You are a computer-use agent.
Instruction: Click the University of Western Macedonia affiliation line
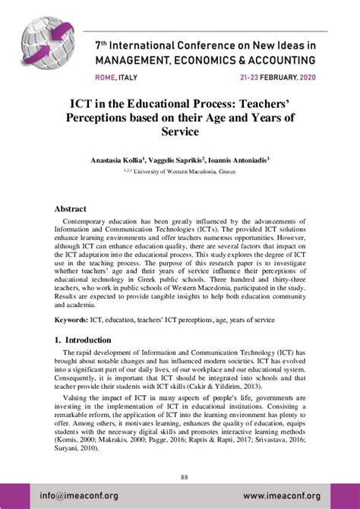185,172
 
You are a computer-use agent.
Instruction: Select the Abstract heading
74,208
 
